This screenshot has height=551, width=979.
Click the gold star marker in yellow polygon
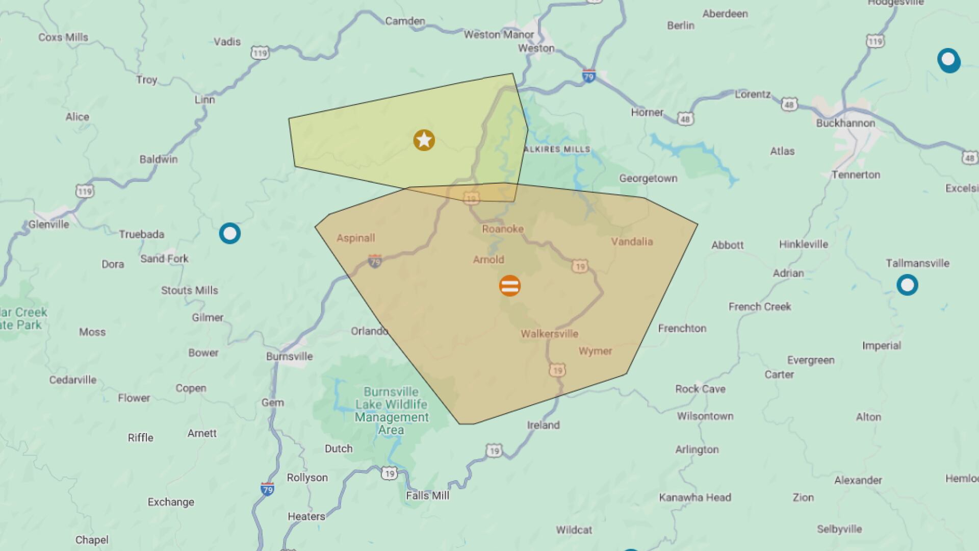click(424, 140)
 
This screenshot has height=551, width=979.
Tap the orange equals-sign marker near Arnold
click(510, 286)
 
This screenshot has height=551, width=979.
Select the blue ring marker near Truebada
click(230, 234)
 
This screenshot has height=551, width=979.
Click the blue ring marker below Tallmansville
click(907, 285)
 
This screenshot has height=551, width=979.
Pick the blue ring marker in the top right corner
click(948, 60)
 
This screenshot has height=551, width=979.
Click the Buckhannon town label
click(845, 123)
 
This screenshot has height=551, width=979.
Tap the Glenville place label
click(48, 224)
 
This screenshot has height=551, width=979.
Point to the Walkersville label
click(549, 334)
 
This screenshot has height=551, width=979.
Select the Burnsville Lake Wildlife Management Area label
click(392, 411)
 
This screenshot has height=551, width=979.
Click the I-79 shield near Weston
click(589, 77)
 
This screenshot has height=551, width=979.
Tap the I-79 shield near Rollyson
click(267, 489)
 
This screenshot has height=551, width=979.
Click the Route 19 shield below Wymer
click(557, 370)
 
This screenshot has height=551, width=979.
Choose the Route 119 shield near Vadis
click(260, 53)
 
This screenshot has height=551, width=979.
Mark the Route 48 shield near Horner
click(685, 119)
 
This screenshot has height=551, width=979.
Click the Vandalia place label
click(632, 242)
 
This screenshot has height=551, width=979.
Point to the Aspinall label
click(355, 238)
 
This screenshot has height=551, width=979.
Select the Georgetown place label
click(648, 179)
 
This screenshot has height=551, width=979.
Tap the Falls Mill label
click(427, 495)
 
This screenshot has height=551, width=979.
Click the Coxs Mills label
click(63, 37)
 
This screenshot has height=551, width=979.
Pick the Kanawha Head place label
click(694, 497)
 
